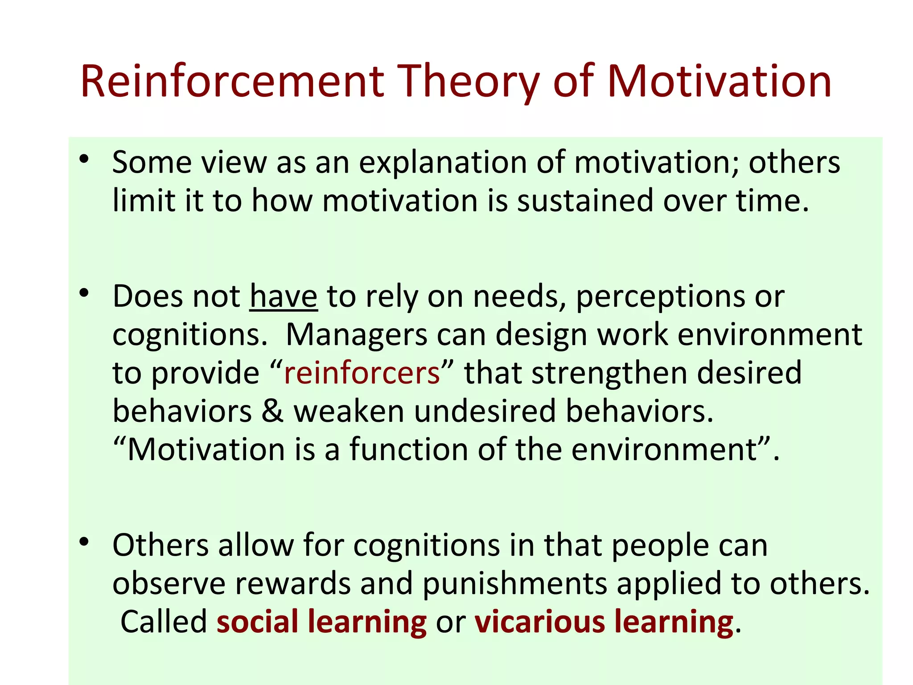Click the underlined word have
[283, 296]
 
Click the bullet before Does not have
[84, 293]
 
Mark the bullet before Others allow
[84, 542]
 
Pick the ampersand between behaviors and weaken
[272, 411]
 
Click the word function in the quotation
[408, 449]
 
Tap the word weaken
[348, 411]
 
